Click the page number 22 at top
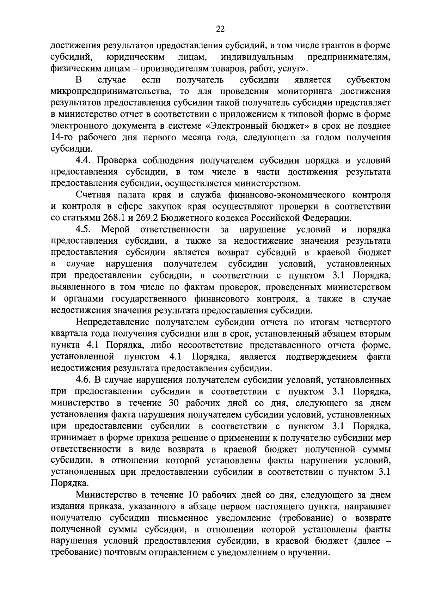pyautogui.click(x=220, y=29)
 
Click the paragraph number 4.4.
pyautogui.click(x=84, y=160)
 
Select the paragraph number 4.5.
pyautogui.click(x=84, y=230)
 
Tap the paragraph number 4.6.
pyautogui.click(x=84, y=380)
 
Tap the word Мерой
pyautogui.click(x=116, y=230)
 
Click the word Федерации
pyautogui.click(x=327, y=218)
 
